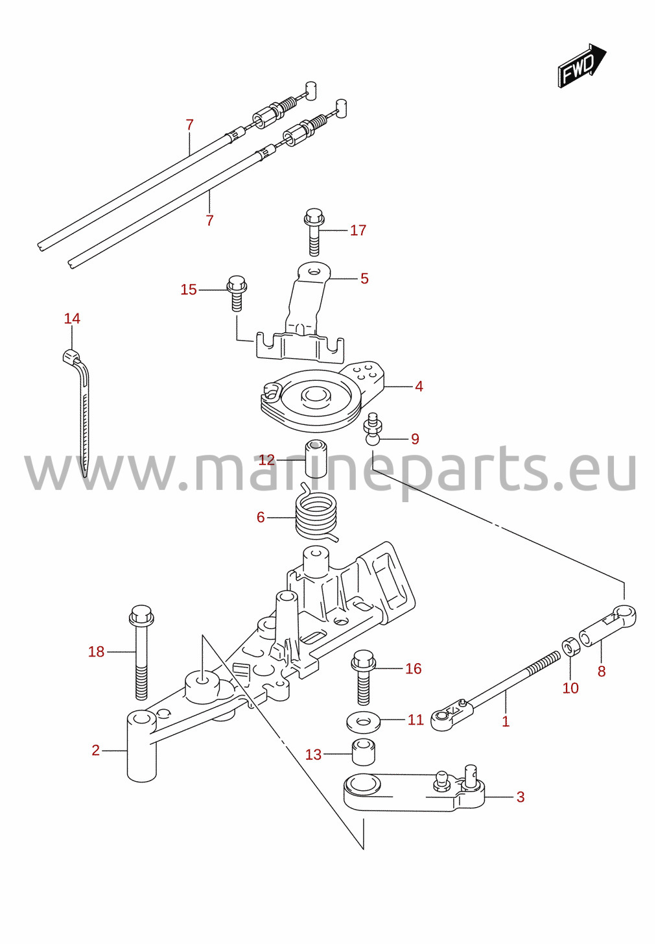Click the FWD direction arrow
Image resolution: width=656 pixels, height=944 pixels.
(582, 66)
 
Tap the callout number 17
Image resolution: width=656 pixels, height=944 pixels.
(358, 230)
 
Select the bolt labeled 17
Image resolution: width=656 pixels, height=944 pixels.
(313, 232)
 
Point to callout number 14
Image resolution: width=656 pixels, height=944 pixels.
(72, 319)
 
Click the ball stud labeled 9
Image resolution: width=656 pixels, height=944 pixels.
(372, 429)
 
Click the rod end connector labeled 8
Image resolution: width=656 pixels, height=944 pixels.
(609, 628)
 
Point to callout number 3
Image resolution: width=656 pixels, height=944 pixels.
(521, 797)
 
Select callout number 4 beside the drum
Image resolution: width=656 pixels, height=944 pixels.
(419, 387)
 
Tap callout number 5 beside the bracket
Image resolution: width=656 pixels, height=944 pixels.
(365, 278)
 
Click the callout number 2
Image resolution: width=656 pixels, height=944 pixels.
(95, 751)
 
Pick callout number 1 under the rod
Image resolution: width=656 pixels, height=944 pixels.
(506, 721)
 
